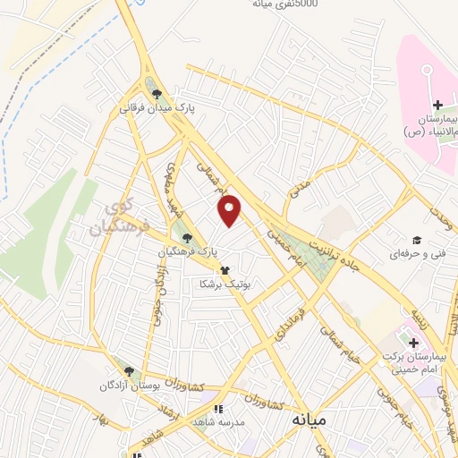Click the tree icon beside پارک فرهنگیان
pos(187,238)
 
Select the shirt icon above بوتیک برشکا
pos(224,269)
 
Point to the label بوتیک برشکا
pos(224,283)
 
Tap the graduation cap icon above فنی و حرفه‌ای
pos(416,240)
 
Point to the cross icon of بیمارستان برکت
pos(413,343)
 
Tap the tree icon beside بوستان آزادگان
pos(129,371)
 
